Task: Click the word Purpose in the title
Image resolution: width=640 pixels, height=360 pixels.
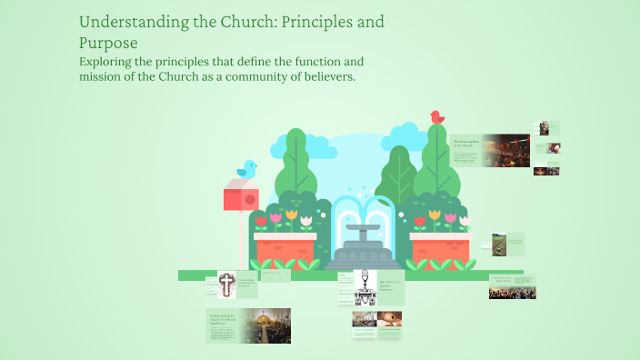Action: (x=109, y=42)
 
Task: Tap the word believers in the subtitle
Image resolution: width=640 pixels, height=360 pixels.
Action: (x=320, y=77)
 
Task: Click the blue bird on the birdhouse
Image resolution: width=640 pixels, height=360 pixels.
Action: (x=246, y=169)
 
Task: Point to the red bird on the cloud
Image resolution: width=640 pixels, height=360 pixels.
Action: (x=436, y=117)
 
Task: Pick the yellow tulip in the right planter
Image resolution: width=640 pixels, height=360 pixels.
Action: (x=435, y=216)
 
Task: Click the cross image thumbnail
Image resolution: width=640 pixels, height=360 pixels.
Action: (x=225, y=285)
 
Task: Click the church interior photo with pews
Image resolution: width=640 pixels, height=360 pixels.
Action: (x=271, y=325)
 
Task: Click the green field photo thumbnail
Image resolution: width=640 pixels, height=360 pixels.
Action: (x=499, y=245)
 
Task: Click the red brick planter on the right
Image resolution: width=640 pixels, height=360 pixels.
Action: (x=440, y=248)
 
